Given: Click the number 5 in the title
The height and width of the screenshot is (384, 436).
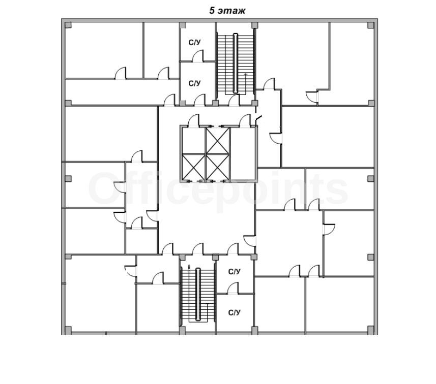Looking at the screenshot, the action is pos(212,11).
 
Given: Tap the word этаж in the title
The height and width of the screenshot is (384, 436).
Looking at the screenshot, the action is pos(231,11).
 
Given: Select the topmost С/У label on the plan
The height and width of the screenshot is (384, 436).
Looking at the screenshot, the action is pos(194,43).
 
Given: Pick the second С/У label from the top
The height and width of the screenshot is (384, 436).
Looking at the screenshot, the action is pos(194,83).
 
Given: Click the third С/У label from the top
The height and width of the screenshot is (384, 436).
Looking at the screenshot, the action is pos(234,272).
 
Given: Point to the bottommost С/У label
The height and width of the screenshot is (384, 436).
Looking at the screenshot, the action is pos(234,313).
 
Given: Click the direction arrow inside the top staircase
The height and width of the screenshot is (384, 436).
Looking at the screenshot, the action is pos(246,83).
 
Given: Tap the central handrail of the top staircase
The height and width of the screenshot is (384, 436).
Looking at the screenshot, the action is pos(236,63).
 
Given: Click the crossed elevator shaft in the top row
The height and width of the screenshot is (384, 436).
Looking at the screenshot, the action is pos(218,141).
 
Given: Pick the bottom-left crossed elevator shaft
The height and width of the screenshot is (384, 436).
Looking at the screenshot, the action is pos(193,167).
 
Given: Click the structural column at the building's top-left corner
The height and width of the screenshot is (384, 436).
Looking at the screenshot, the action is pos(68,25).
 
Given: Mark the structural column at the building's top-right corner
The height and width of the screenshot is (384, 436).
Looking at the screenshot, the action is pos(371,25).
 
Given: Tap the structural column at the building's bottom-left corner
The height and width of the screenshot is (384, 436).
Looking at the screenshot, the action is pos(68,330).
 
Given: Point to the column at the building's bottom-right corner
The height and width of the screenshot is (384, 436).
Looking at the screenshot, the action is pos(371,330).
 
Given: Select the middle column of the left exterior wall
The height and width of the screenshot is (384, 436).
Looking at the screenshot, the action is pos(68,178).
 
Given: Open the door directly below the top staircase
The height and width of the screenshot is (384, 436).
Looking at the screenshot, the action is pos(234,100).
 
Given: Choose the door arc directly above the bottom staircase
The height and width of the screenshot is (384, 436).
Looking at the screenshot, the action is pos(198,248).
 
